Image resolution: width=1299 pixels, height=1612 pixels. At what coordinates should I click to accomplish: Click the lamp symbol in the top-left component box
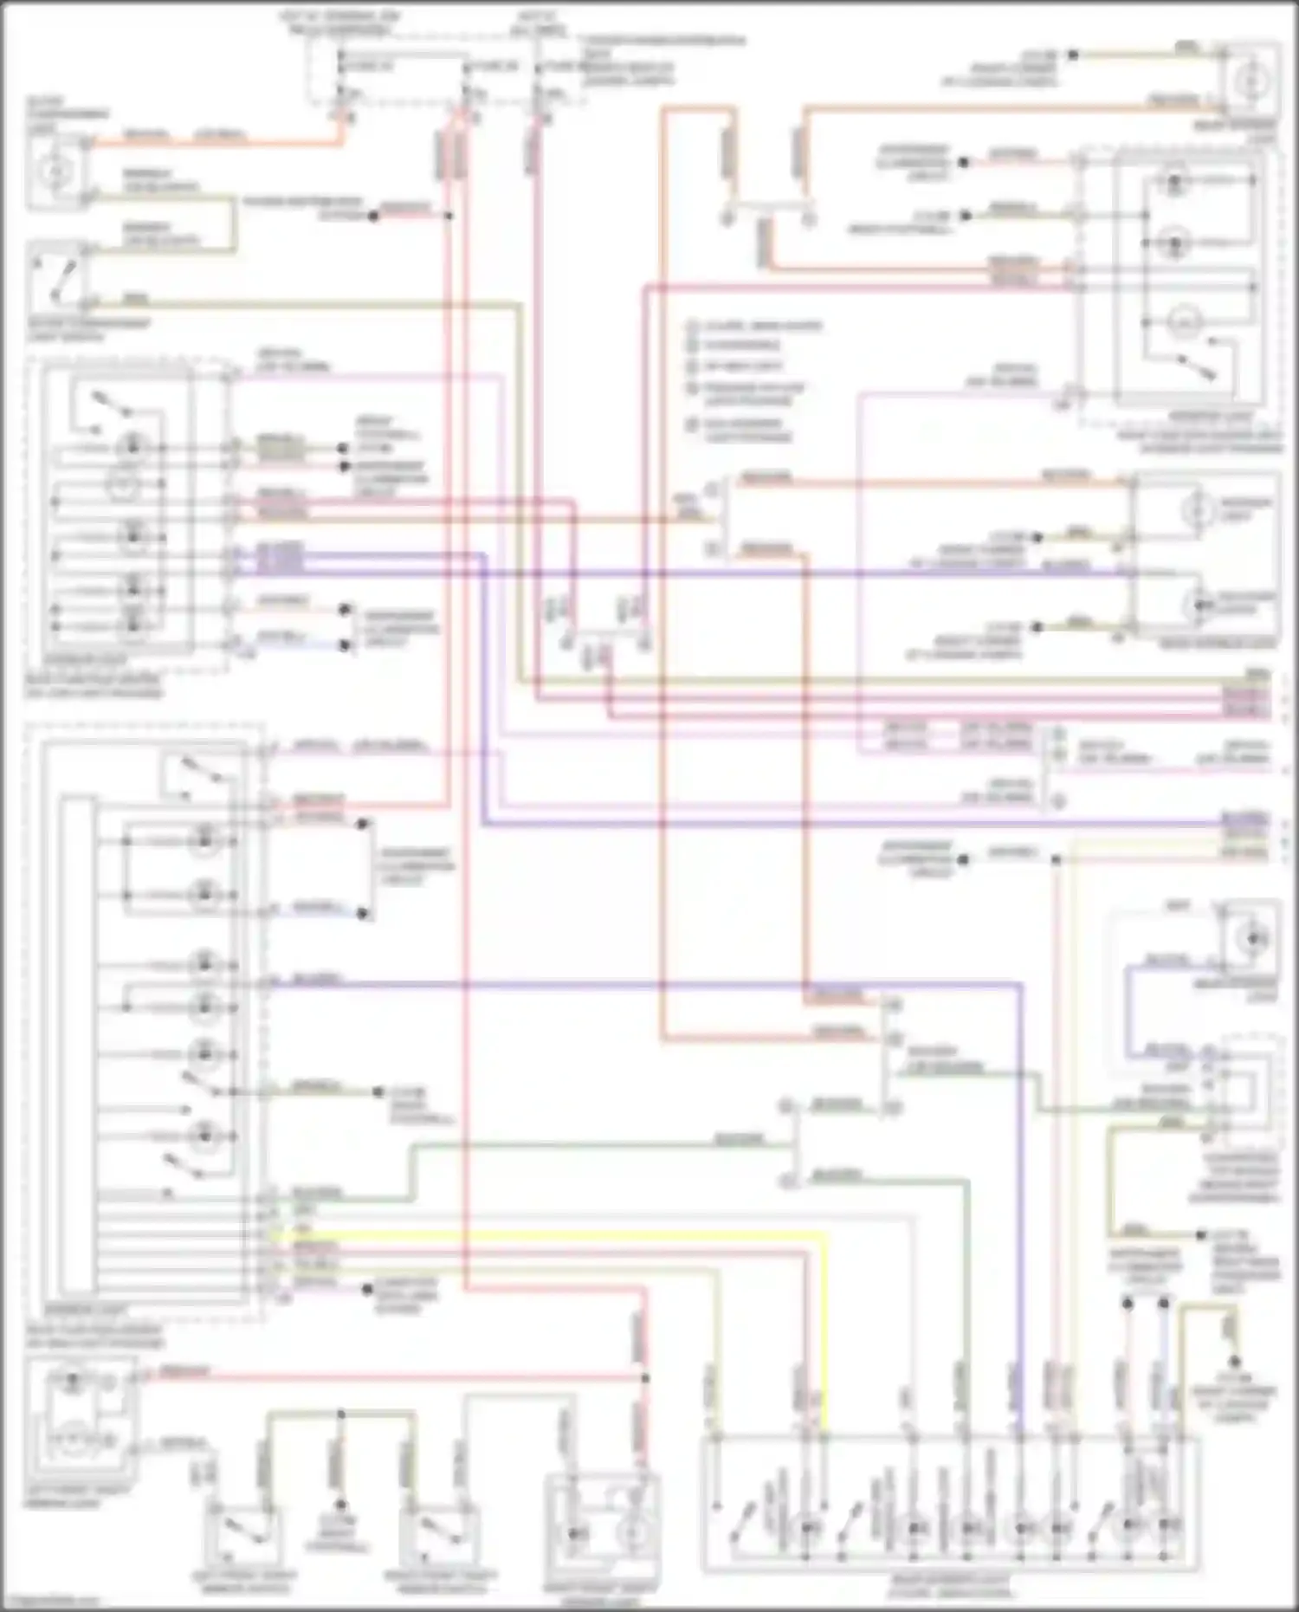56,172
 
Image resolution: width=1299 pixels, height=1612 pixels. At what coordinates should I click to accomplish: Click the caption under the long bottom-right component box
949,1587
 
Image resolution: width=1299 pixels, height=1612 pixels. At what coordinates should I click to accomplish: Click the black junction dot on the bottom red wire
645,1377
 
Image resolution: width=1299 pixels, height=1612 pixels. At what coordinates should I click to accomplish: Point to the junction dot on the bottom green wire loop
340,1414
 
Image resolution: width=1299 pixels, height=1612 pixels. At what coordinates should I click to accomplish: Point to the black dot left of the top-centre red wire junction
373,216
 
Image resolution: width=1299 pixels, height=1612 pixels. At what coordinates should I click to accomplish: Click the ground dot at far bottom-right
1237,1363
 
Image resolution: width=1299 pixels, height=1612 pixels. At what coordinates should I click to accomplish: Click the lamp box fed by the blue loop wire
1249,938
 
